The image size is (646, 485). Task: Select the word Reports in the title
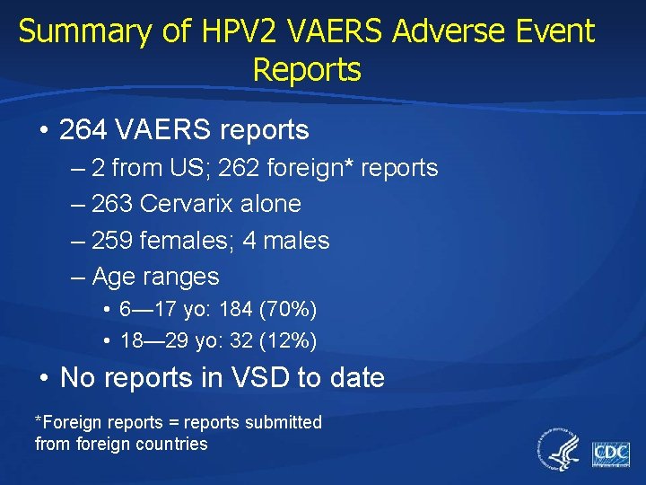click(307, 70)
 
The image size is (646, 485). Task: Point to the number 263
click(114, 204)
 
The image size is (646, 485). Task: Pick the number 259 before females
click(114, 241)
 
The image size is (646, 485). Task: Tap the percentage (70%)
click(286, 310)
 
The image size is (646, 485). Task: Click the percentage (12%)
click(286, 341)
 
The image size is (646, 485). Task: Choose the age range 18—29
click(149, 341)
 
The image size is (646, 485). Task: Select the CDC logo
click(611, 454)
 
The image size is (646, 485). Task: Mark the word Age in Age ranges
click(113, 278)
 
